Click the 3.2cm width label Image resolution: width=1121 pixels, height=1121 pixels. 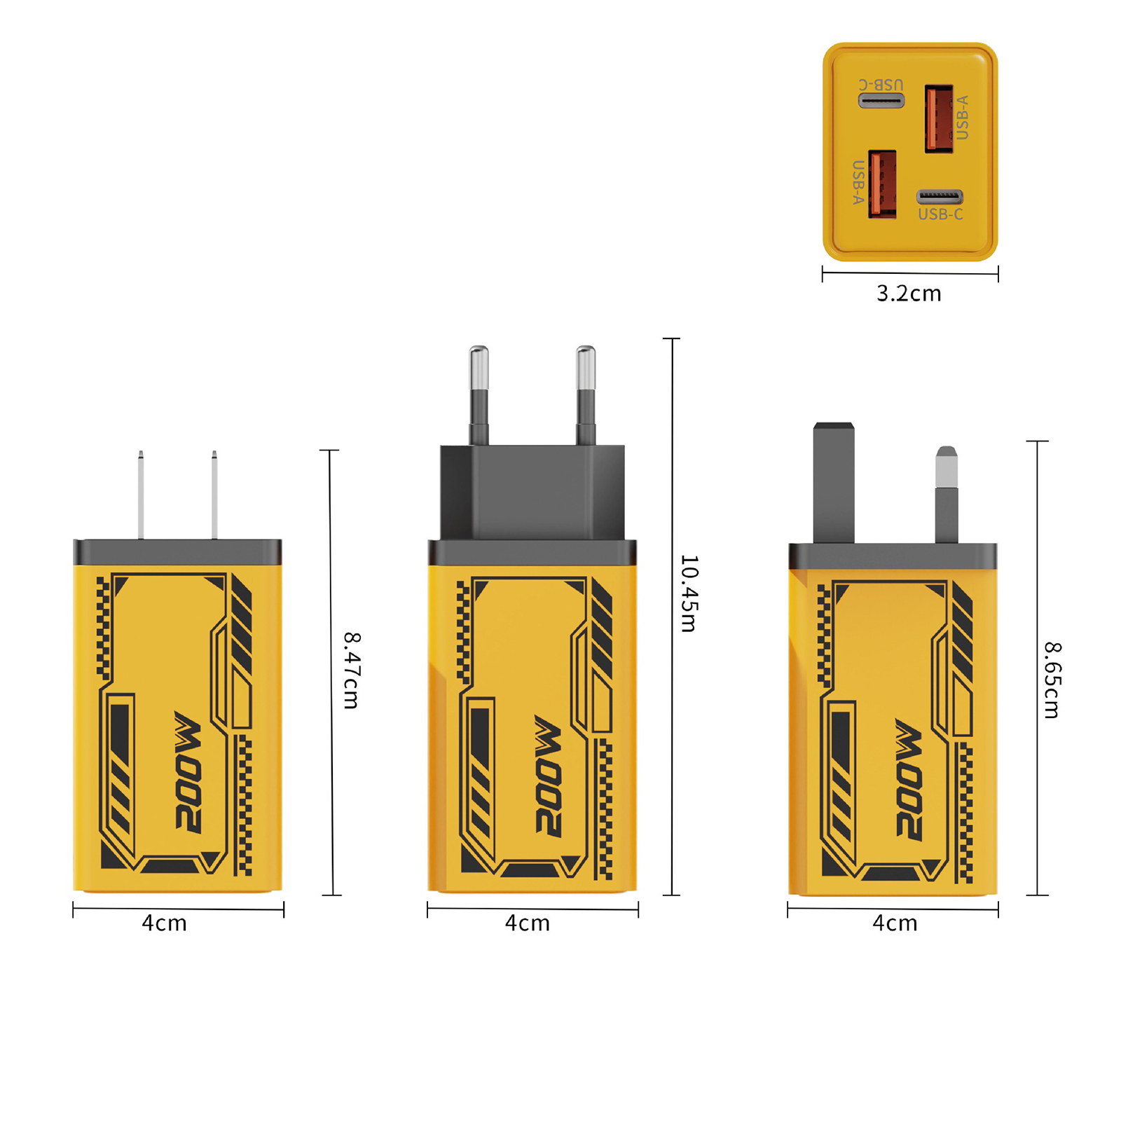(x=909, y=294)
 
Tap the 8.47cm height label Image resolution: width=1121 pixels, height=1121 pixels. (x=352, y=670)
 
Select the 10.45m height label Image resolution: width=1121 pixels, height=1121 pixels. (x=689, y=593)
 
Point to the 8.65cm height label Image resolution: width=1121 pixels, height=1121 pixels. (x=1053, y=680)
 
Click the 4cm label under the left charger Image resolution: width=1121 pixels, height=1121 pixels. (x=165, y=923)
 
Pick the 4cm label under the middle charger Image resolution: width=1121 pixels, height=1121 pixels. (x=528, y=923)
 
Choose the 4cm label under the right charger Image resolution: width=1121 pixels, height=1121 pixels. (x=895, y=923)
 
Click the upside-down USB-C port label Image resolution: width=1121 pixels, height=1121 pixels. (x=881, y=85)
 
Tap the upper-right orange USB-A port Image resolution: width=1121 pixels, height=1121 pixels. (x=939, y=118)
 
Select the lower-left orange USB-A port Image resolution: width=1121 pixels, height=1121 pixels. (x=882, y=184)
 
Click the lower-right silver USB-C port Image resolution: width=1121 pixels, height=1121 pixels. (x=940, y=197)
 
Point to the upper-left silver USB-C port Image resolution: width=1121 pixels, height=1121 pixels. (x=881, y=101)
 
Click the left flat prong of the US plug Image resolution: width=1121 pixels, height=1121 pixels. (x=141, y=495)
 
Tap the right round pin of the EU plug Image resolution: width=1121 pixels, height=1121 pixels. (x=586, y=395)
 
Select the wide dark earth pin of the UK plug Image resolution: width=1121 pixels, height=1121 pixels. (x=834, y=483)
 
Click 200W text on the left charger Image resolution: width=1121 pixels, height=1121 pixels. (x=188, y=773)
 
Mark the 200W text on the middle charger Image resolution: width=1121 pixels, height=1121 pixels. (x=548, y=776)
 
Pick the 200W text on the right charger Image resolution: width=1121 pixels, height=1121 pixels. (x=909, y=779)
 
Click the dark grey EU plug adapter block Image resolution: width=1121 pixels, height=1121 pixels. (x=532, y=493)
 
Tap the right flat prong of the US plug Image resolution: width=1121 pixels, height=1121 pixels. (x=214, y=495)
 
